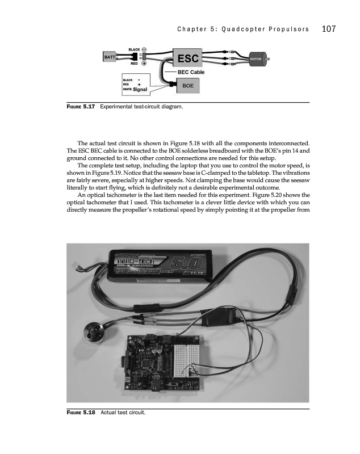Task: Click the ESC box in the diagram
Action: [x=188, y=58]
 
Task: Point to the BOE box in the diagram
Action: [x=188, y=85]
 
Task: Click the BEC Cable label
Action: [x=191, y=72]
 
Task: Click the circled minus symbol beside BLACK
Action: [x=145, y=49]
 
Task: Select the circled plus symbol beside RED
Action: [x=145, y=64]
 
